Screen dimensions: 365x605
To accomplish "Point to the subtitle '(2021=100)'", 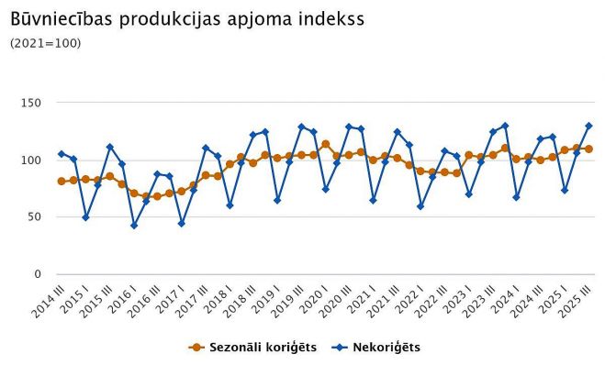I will [x=45, y=43].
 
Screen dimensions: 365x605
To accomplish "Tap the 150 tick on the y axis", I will [x=31, y=103].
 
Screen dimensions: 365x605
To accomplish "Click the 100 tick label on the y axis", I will [x=31, y=160].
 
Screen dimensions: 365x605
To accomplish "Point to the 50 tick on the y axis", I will [x=35, y=217].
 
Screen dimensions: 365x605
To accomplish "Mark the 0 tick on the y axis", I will [x=38, y=274].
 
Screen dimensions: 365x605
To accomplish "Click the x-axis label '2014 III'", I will [x=47, y=299].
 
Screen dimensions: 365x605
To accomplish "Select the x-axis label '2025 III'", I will [x=575, y=299].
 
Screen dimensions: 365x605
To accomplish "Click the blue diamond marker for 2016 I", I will [x=134, y=225].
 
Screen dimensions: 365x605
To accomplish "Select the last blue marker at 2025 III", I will [x=588, y=126].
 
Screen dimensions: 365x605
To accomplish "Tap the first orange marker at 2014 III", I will [x=62, y=182].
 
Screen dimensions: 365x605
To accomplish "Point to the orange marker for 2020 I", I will [x=326, y=144].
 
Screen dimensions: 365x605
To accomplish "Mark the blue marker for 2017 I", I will [x=182, y=223].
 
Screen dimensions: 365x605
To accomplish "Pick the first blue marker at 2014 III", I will [x=62, y=154].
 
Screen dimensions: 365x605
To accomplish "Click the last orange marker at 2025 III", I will [x=588, y=149].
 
